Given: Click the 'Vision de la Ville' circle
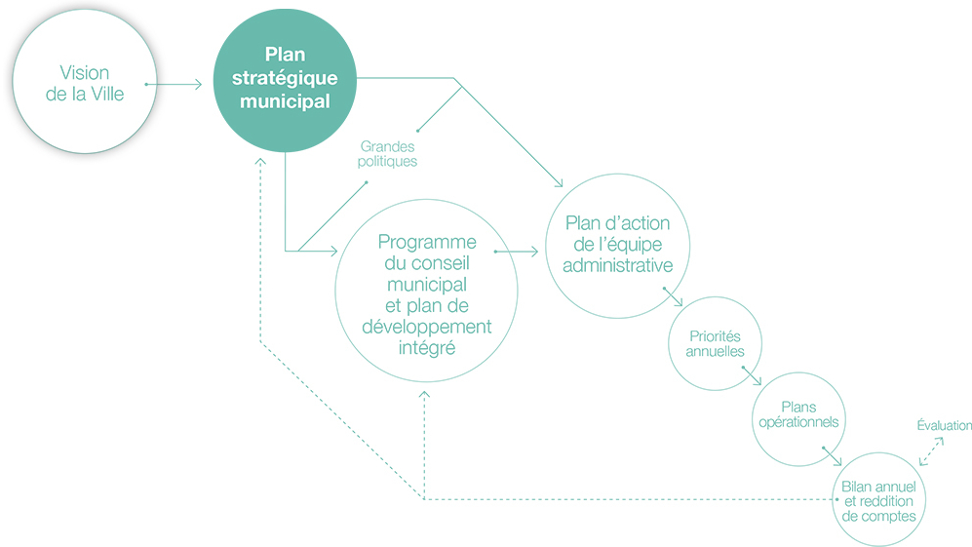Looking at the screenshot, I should (84, 84).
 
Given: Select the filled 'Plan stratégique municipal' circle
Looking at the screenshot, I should (285, 83).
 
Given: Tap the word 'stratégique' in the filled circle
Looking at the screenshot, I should (285, 78).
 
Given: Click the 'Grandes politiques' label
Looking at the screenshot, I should (387, 154).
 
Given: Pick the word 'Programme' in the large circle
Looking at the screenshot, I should (426, 242).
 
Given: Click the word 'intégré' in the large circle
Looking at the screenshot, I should (426, 346).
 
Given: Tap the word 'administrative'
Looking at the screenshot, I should (617, 266).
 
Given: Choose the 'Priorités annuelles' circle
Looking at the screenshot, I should (715, 343).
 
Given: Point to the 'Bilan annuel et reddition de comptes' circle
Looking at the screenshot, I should (879, 498).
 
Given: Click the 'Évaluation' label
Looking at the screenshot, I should (945, 425).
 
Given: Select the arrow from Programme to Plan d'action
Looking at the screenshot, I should (517, 252).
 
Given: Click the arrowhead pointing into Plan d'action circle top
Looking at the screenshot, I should (560, 182).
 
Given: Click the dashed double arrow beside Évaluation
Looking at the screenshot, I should (931, 449).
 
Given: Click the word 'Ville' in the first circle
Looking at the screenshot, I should (104, 95).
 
